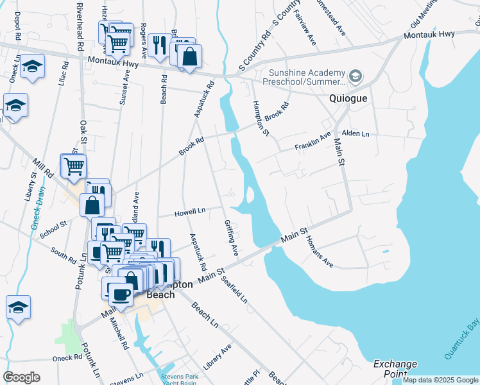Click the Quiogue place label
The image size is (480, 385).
[x=348, y=99]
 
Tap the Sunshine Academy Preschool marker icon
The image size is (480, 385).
[x=356, y=78]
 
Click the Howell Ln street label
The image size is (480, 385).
[x=190, y=211]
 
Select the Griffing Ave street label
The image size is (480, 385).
[x=231, y=238]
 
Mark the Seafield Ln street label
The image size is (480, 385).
[x=234, y=289]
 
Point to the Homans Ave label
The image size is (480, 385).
[x=319, y=252]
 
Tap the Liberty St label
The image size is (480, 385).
[x=31, y=187]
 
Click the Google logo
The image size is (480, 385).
[x=22, y=377]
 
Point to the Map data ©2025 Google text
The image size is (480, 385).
[x=440, y=380]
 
